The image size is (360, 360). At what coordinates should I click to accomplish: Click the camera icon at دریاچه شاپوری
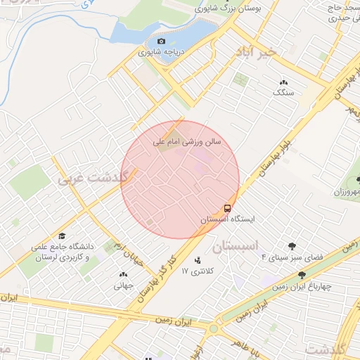162,41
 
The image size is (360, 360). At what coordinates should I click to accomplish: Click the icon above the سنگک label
283,82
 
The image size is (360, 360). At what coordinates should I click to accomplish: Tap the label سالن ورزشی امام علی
188,141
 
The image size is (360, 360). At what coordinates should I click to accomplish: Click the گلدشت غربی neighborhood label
95,178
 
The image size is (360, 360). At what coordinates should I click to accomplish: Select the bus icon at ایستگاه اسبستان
228,208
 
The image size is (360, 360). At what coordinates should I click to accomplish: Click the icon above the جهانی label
124,275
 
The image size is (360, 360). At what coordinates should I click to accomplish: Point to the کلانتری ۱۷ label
196,271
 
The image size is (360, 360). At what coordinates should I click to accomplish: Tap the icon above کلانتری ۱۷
197,260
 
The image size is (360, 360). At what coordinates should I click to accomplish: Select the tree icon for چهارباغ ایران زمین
302,275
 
